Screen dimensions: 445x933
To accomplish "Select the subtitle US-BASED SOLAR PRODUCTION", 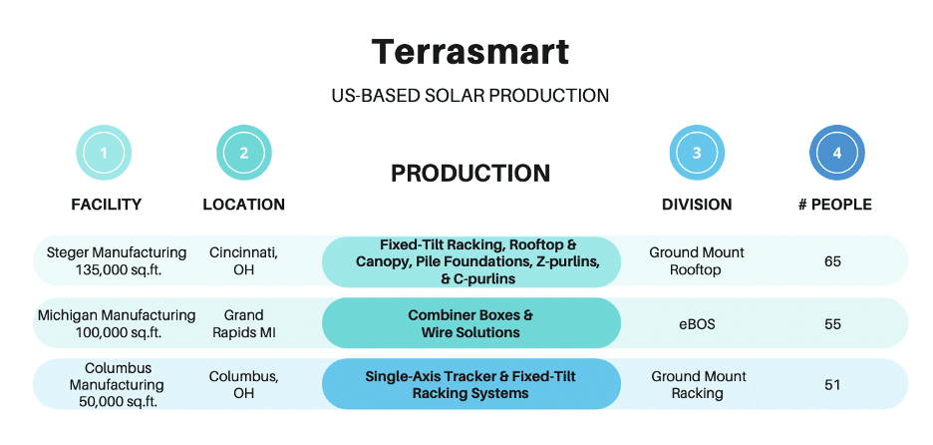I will point(469,96).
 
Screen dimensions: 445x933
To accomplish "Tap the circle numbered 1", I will point(105,154).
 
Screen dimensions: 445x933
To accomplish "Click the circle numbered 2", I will point(244,154).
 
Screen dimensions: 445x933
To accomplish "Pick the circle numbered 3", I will point(697,154).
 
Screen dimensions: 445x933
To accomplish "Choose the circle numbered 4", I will point(836,154).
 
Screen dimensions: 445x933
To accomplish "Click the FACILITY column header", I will point(106,205).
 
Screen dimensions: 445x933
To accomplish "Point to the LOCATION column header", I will point(244,205).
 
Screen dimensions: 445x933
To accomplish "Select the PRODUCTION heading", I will point(470,174).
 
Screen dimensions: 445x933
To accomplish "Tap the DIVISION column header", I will point(697,205).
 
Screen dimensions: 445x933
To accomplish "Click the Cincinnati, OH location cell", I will point(244,261).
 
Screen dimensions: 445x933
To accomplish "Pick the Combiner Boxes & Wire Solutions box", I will point(470,323).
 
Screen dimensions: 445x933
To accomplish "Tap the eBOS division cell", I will point(698,324).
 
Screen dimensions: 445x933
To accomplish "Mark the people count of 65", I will point(832,261).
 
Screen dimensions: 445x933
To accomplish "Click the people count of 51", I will point(832,385).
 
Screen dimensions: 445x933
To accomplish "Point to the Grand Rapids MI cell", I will point(244,323).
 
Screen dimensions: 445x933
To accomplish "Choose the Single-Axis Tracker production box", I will point(470,384).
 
